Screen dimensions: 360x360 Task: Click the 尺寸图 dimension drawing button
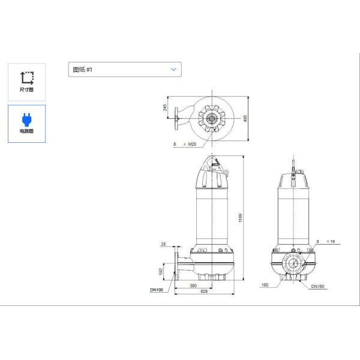click(26, 81)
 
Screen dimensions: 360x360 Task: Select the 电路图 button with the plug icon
click(26, 123)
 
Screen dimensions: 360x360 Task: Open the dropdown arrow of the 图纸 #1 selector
click(173, 70)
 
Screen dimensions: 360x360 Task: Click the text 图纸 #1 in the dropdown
click(83, 70)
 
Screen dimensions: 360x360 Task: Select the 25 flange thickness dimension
click(163, 244)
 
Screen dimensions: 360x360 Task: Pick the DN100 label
click(157, 290)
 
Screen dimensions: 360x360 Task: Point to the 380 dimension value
click(193, 286)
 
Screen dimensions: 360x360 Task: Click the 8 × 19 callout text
click(325, 241)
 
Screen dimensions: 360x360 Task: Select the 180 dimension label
click(265, 286)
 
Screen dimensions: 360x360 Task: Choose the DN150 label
click(317, 286)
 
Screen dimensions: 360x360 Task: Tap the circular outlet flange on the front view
click(293, 263)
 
